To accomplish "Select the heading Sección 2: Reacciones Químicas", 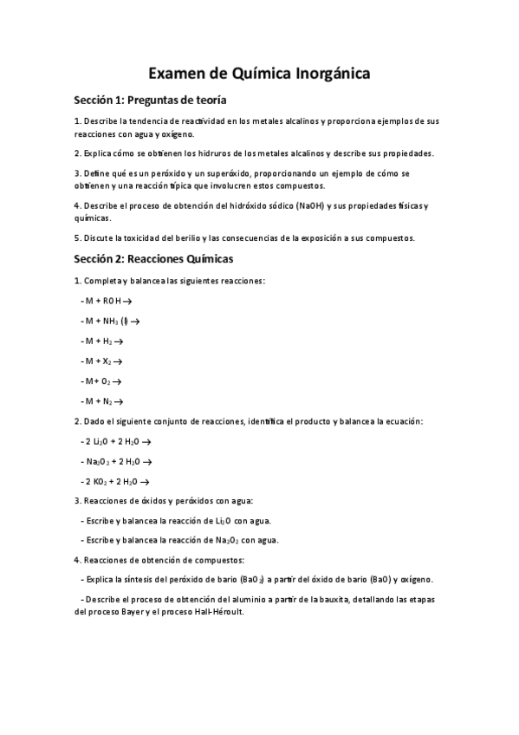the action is click(153, 258).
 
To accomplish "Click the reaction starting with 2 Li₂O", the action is click(116, 441).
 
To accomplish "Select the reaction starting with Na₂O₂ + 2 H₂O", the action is click(116, 461).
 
